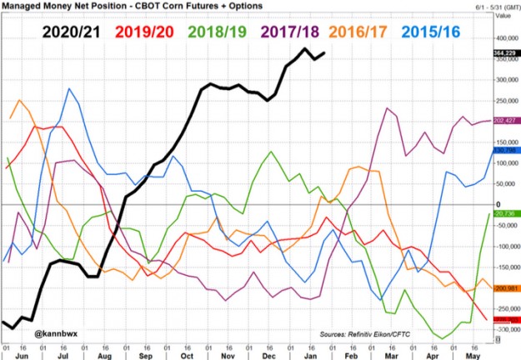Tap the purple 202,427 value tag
pyautogui.click(x=505, y=121)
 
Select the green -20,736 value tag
pyautogui.click(x=504, y=213)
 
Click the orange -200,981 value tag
pyautogui.click(x=505, y=288)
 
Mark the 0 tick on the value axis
pyautogui.click(x=497, y=204)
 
